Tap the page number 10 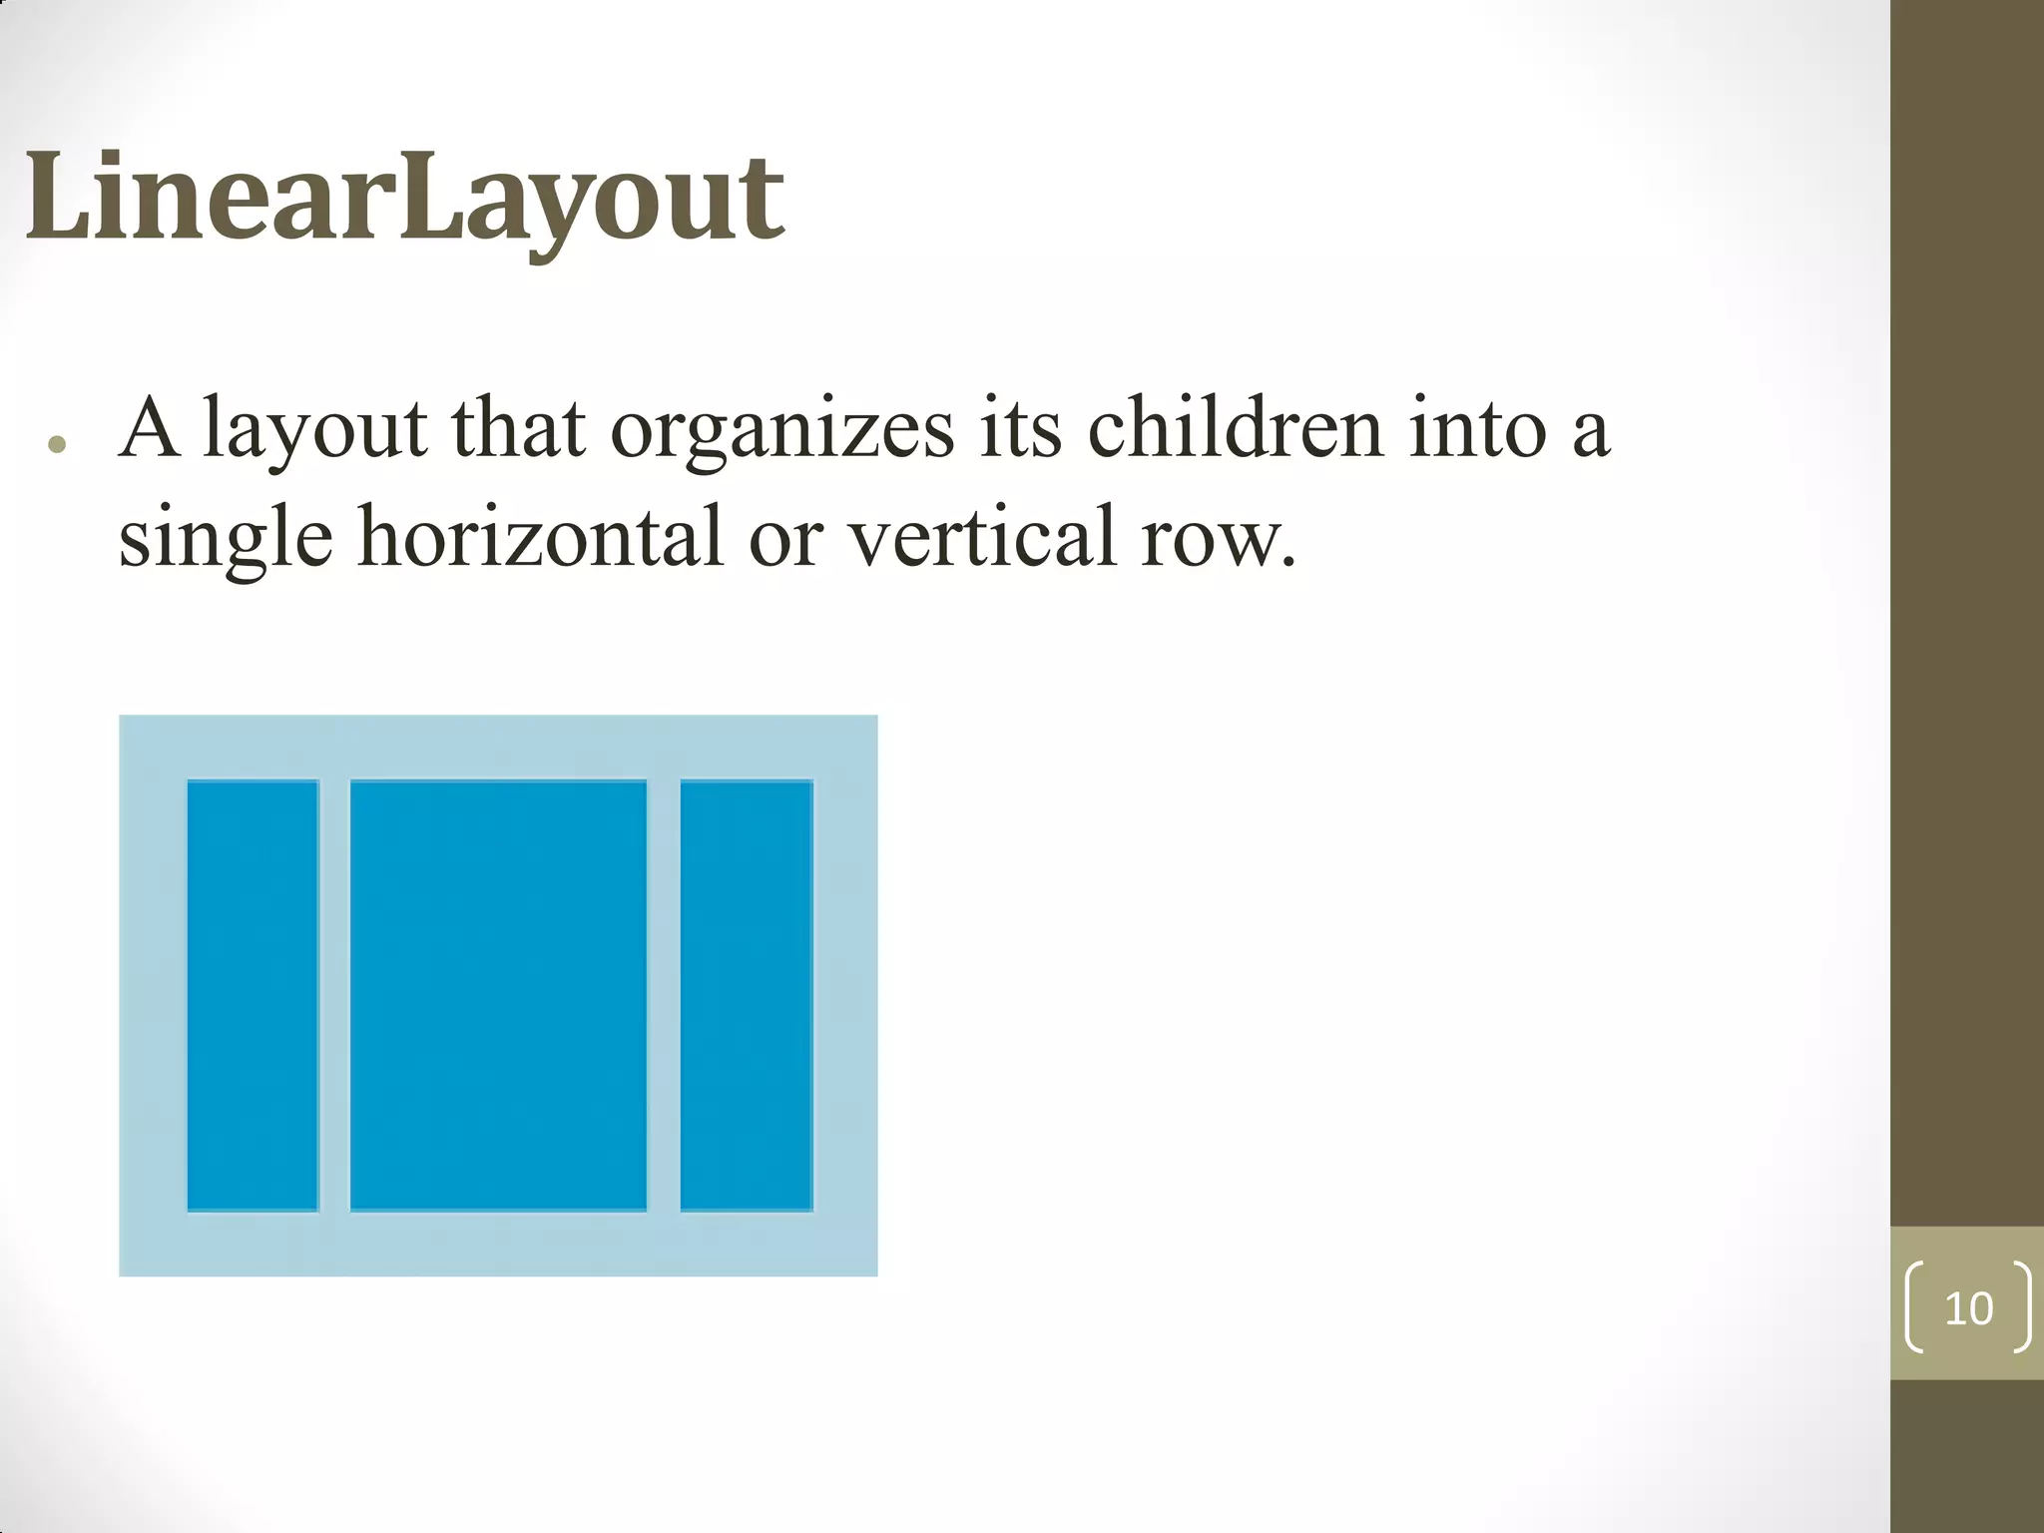(1968, 1308)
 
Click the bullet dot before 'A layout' (57, 445)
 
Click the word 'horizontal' (540, 537)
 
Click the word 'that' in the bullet (518, 429)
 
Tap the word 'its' (1020, 429)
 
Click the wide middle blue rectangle (498, 995)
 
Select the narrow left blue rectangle (253, 995)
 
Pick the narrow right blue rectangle (747, 995)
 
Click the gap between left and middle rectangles (334, 995)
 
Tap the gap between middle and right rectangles (664, 995)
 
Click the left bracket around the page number (1914, 1307)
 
